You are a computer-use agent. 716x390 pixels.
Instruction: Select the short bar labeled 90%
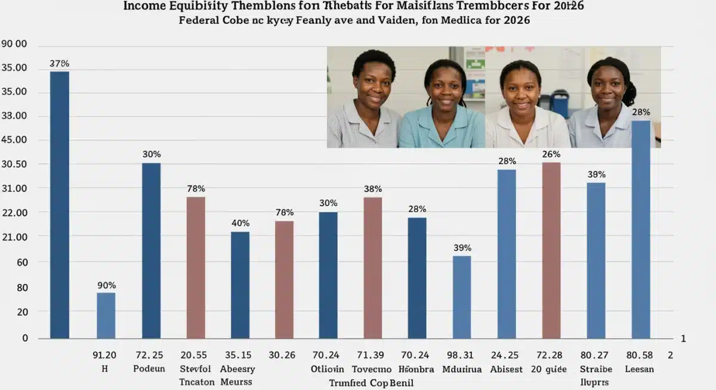pyautogui.click(x=106, y=315)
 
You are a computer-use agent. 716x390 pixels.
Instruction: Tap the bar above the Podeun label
pyautogui.click(x=151, y=250)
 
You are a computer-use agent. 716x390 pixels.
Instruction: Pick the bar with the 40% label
pyautogui.click(x=240, y=285)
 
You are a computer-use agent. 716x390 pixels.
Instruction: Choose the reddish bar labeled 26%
pyautogui.click(x=551, y=250)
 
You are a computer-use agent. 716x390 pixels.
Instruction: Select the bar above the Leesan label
pyautogui.click(x=641, y=230)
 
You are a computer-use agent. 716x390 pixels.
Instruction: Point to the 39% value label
pyautogui.click(x=462, y=247)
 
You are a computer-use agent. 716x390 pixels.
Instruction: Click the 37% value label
pyautogui.click(x=60, y=63)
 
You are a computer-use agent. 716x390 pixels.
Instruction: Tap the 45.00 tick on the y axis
pyautogui.click(x=14, y=140)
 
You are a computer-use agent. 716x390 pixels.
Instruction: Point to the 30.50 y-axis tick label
pyautogui.click(x=14, y=164)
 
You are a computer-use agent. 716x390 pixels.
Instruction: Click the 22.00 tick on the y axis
pyautogui.click(x=14, y=212)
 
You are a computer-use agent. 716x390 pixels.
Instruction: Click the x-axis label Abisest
pyautogui.click(x=507, y=369)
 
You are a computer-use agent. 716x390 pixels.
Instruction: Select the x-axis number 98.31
pyautogui.click(x=462, y=355)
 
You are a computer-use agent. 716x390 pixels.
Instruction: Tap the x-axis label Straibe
pyautogui.click(x=595, y=369)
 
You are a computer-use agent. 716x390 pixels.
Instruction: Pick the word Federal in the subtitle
pyautogui.click(x=199, y=20)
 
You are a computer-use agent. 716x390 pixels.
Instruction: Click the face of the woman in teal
pyautogui.click(x=445, y=86)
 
